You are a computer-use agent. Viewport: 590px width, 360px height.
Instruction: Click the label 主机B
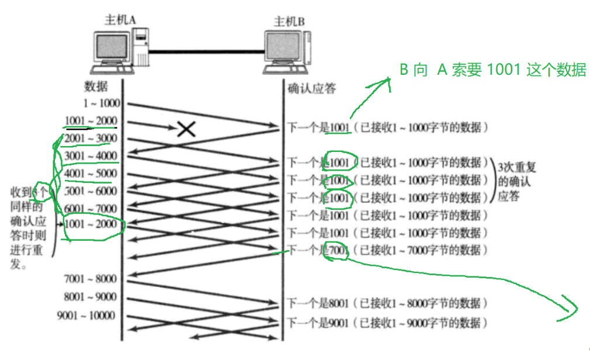[290, 22]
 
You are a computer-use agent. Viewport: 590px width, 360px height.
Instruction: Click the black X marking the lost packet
[186, 129]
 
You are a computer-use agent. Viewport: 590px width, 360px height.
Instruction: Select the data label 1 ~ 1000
[102, 103]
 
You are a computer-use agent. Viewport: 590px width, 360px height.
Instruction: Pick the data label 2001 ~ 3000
[91, 139]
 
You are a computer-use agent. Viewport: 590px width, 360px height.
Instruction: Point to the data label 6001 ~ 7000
[91, 209]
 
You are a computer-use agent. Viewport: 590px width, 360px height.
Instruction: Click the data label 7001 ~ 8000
[91, 279]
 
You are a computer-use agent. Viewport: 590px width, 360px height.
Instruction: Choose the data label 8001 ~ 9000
[91, 297]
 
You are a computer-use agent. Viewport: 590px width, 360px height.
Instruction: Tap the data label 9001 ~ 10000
[86, 316]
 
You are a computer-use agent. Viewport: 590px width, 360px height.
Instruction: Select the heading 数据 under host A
[96, 87]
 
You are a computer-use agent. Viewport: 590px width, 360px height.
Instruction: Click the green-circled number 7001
[338, 251]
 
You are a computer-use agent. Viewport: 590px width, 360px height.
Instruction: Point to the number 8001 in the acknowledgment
[338, 304]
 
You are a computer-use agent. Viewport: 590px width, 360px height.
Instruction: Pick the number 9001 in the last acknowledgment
[338, 323]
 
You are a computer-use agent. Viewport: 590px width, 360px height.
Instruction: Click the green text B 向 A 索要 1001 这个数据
[492, 70]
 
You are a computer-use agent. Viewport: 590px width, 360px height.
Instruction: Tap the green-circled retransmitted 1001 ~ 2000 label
[92, 226]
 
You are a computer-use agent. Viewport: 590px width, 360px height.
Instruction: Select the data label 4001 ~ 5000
[91, 174]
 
